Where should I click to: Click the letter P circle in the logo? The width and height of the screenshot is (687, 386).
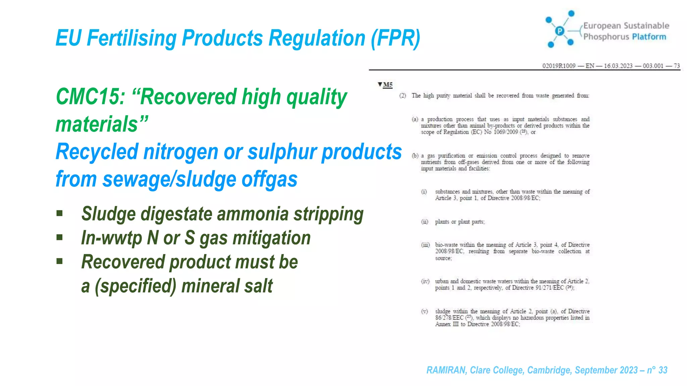[560, 31]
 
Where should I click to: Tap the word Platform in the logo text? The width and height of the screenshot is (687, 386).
[649, 37]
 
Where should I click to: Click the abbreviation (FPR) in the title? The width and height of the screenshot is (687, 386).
[395, 38]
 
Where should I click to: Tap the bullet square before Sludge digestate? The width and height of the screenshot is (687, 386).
[60, 213]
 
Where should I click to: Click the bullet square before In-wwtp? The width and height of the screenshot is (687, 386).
[60, 238]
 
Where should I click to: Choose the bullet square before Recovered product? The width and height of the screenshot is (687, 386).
[60, 261]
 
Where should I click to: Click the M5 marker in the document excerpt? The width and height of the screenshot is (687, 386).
[387, 84]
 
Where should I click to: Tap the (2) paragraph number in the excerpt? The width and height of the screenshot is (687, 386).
[403, 96]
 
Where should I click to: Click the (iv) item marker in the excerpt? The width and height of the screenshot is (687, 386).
[425, 281]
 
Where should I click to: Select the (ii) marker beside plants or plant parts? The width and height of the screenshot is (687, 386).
[425, 222]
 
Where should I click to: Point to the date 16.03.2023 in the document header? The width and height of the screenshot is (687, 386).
[618, 66]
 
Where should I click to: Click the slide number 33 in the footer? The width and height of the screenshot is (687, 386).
[663, 370]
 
